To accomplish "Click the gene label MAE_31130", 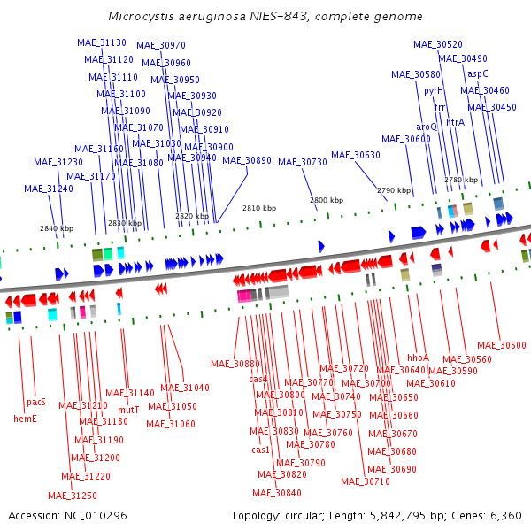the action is [102, 42].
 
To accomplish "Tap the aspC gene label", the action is [478, 73].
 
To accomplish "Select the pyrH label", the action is [434, 91].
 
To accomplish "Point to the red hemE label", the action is [25, 419].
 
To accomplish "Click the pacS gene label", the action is [36, 403].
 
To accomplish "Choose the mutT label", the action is [128, 410].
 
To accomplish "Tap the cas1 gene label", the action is [260, 450].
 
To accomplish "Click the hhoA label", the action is [418, 358].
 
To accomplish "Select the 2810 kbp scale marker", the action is [259, 208].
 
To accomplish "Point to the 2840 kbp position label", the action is [57, 228].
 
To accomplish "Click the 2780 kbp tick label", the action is [461, 180].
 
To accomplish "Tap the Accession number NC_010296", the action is [96, 516].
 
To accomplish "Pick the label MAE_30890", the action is [247, 160].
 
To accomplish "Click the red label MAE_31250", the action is [73, 496].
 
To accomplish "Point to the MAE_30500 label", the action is [502, 345].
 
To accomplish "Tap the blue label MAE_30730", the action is [303, 163].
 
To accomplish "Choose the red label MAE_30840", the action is [277, 493].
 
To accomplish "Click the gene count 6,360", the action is [506, 516].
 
